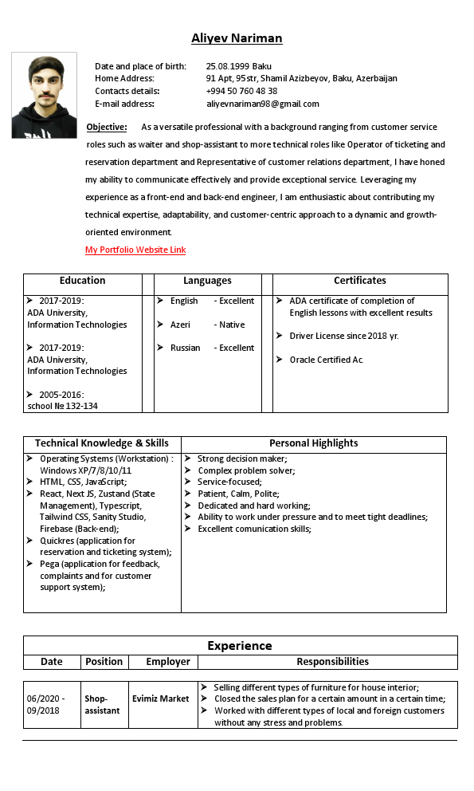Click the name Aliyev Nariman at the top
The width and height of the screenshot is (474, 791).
[x=237, y=38]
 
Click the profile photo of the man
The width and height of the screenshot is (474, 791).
[x=45, y=96]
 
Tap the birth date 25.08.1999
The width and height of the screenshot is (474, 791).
[x=227, y=66]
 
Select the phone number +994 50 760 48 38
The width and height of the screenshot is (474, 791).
[x=241, y=91]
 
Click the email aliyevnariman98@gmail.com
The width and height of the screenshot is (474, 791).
[x=262, y=104]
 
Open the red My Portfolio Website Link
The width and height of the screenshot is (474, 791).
[x=135, y=250]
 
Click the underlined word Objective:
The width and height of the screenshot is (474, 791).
[x=107, y=127]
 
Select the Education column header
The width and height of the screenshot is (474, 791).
[x=82, y=281]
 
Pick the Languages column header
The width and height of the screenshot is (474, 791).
[x=207, y=281]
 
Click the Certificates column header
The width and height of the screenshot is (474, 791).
[x=359, y=281]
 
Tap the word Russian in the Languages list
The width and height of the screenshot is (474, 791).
[x=185, y=348]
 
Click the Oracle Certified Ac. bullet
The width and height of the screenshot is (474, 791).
[x=326, y=360]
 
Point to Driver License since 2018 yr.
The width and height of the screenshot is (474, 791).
[x=343, y=336]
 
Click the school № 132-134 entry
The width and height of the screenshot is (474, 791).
[x=62, y=406]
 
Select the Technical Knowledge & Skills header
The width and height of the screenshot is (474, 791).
[x=102, y=443]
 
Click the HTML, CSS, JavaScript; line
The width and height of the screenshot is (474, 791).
[x=83, y=482]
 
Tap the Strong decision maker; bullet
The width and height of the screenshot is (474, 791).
[x=242, y=458]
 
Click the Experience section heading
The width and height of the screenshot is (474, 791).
[x=240, y=645]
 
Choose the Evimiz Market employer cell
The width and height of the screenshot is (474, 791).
[x=161, y=699]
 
